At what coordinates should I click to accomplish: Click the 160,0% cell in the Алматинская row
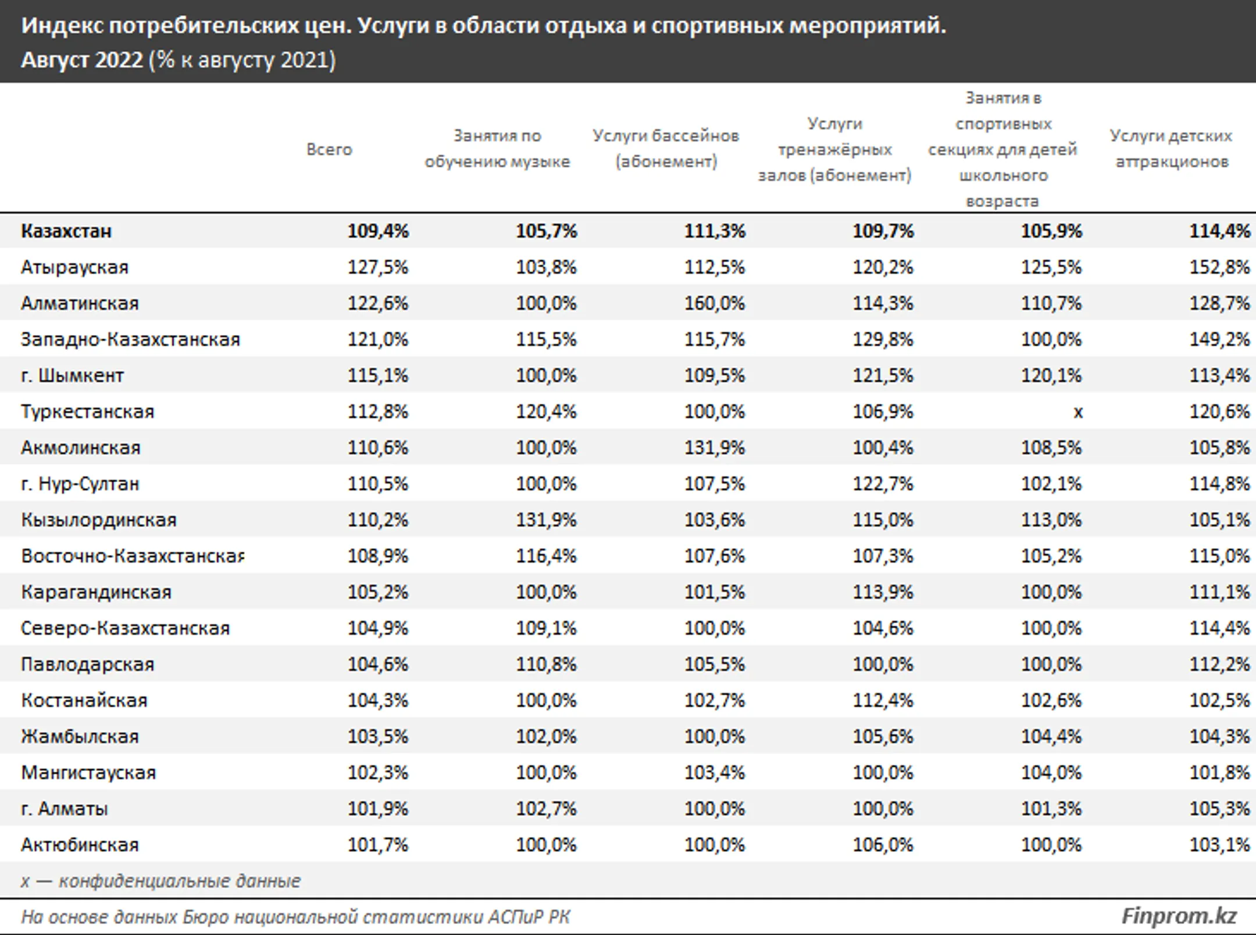click(714, 303)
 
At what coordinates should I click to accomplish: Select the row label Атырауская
click(74, 267)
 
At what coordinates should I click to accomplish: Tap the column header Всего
click(329, 150)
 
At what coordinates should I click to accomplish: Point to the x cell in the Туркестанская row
click(1077, 412)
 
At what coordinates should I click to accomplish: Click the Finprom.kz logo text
click(1179, 916)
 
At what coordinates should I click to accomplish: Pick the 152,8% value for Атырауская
click(1219, 267)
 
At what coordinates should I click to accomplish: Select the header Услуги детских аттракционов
click(1171, 148)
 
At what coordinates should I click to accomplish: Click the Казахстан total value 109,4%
click(378, 231)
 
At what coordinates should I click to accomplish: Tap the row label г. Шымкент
click(72, 375)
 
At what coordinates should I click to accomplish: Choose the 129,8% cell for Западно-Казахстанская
click(883, 339)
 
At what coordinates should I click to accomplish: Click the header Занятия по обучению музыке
click(497, 148)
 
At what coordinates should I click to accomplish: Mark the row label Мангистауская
click(88, 772)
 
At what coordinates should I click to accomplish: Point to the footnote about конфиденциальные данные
click(160, 880)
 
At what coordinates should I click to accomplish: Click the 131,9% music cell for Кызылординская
click(546, 520)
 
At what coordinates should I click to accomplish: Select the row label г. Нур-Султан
click(80, 484)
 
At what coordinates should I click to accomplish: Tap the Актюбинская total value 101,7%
click(378, 844)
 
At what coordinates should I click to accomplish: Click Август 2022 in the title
click(81, 60)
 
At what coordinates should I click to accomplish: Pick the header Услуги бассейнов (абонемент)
click(666, 148)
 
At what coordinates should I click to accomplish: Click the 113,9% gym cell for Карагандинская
click(883, 592)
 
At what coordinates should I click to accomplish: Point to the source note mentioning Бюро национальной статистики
click(295, 917)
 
